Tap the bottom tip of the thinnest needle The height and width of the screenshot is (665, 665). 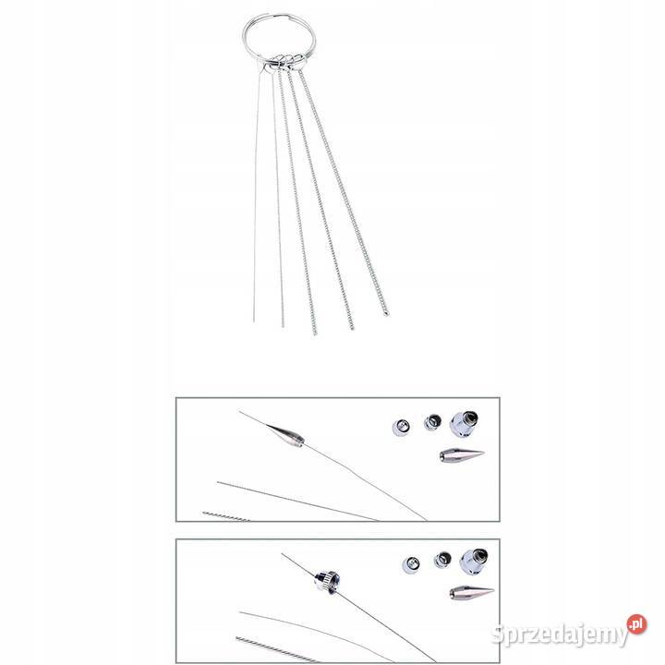254,321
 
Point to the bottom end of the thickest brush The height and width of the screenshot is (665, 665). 386,314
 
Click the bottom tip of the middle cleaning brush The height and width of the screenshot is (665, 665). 314,333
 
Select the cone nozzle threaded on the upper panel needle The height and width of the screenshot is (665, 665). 285,436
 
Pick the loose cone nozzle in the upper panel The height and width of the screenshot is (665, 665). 462,455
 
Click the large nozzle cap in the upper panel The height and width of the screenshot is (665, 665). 464,423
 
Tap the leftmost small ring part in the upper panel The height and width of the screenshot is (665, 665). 401,427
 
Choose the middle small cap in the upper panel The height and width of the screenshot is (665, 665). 432,422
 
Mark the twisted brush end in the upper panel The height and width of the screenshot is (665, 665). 226,516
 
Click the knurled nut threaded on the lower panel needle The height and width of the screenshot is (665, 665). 327,581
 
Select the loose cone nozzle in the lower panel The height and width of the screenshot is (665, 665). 472,592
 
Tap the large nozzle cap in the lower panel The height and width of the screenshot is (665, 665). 474,562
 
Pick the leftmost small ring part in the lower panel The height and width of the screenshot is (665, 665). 411,565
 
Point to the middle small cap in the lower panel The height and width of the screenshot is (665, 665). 442,560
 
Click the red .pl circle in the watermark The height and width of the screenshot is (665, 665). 636,623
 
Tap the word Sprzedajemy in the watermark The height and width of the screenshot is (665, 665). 560,635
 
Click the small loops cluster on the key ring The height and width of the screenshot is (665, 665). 285,62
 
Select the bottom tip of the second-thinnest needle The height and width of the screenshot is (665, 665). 283,326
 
